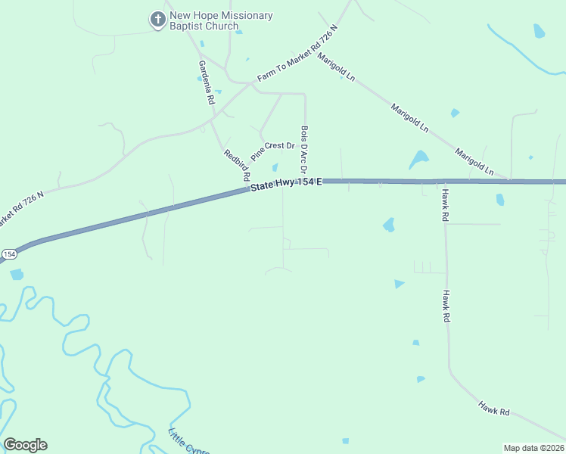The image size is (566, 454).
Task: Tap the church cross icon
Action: tap(157, 20)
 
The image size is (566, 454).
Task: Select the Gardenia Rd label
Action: tap(205, 82)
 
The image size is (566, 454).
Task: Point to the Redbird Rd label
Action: tap(237, 165)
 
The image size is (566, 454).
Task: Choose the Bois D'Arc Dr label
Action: tap(304, 150)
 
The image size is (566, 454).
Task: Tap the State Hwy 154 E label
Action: tap(287, 185)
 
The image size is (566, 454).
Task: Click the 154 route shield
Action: tap(8, 254)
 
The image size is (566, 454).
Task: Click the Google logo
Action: tap(25, 444)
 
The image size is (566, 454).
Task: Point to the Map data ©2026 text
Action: tap(533, 448)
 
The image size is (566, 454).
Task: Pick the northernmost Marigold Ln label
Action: tap(337, 67)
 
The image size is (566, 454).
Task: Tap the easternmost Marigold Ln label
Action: tap(474, 163)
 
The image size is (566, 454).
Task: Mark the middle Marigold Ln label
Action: tap(409, 119)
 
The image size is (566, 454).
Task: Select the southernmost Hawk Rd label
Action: tap(493, 409)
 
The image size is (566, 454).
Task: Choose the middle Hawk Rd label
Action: tap(446, 306)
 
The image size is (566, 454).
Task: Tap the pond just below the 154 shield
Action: tap(17, 274)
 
